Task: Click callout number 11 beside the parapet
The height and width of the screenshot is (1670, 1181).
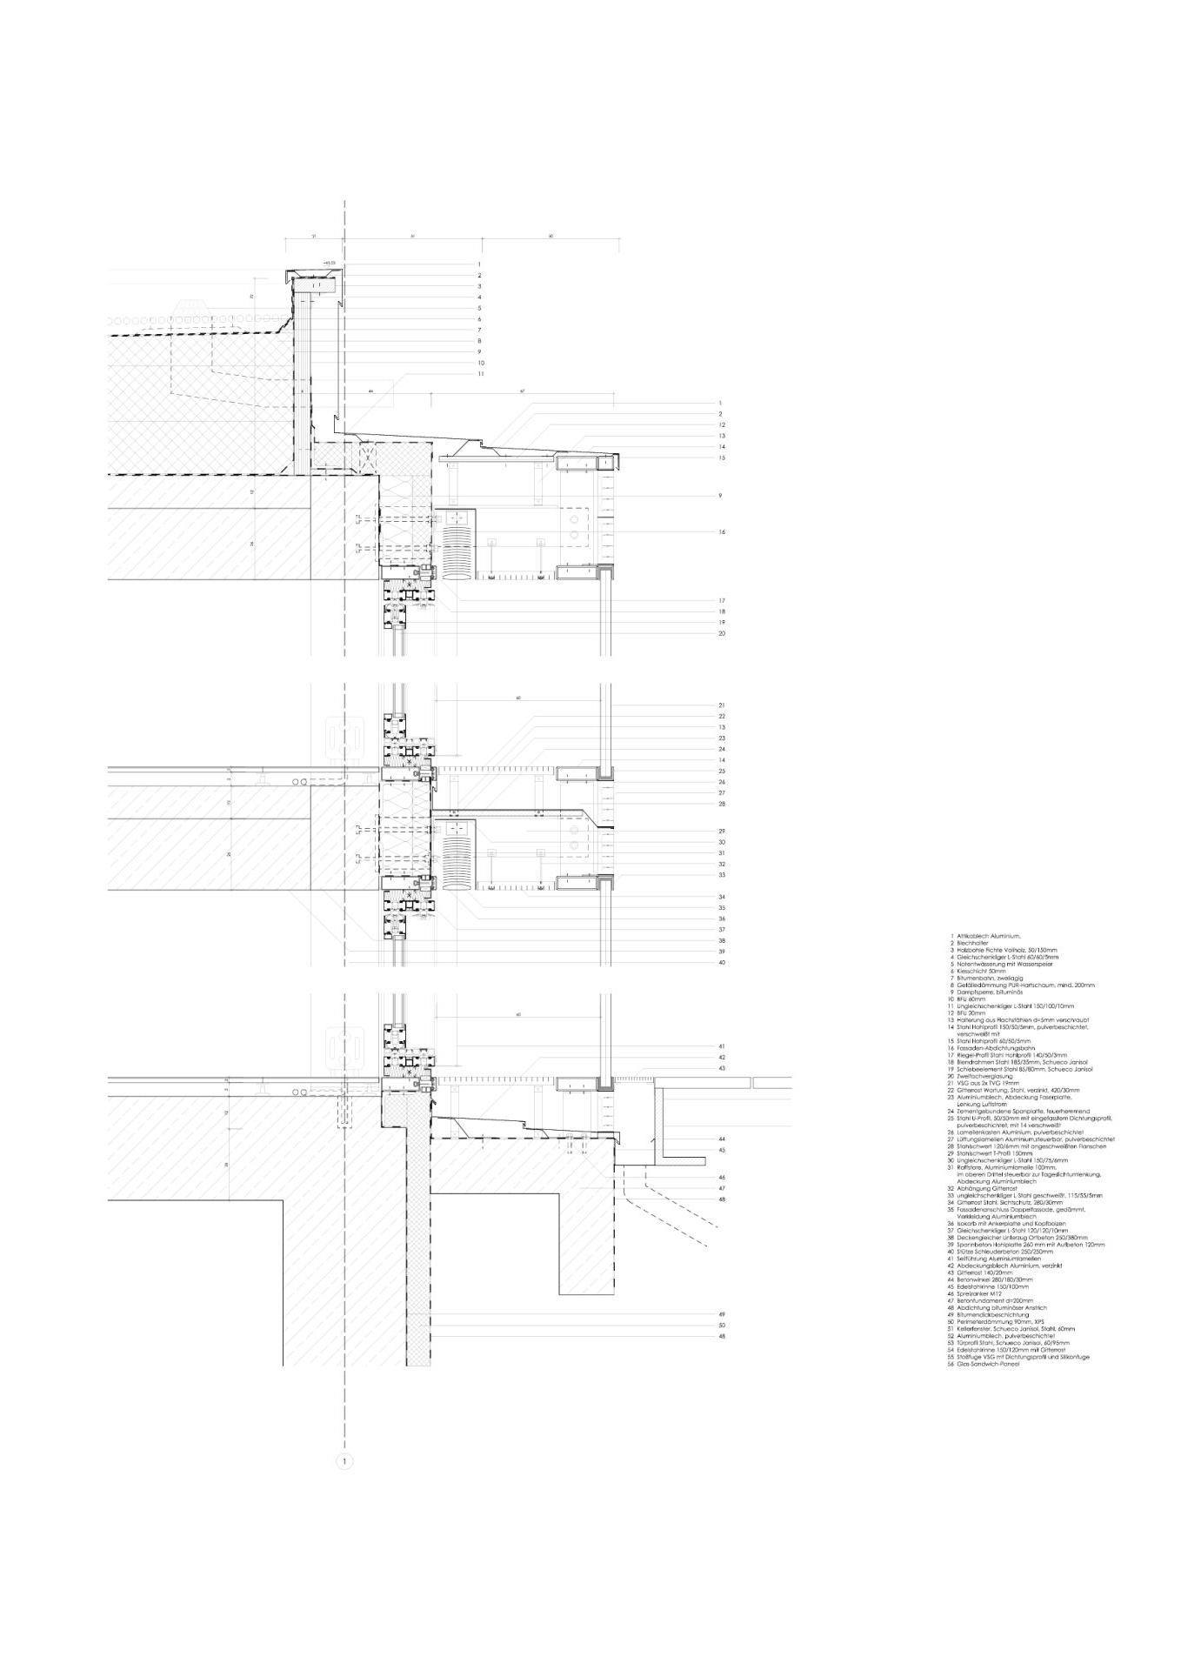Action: (479, 374)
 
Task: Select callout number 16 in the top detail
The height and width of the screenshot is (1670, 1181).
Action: (721, 531)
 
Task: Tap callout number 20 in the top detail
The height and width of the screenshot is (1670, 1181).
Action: (721, 633)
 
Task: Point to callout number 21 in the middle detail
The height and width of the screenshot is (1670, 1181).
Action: (721, 705)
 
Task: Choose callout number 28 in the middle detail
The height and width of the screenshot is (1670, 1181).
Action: (721, 805)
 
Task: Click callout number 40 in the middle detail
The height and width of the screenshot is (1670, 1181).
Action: (721, 962)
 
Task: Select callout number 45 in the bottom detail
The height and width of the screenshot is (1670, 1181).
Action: (721, 1150)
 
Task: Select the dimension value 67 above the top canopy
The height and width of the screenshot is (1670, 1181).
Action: (523, 392)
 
